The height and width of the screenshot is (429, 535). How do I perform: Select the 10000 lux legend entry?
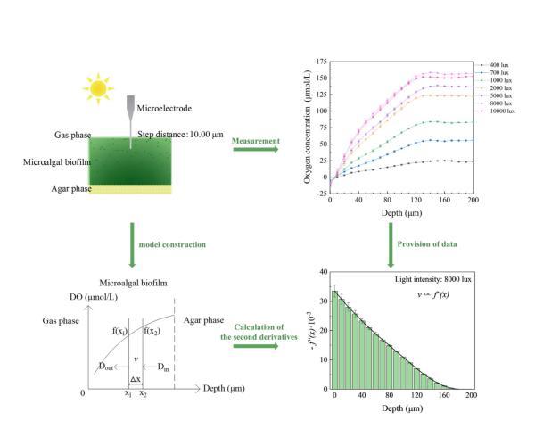(499, 112)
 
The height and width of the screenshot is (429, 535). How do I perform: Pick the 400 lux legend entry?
(498, 65)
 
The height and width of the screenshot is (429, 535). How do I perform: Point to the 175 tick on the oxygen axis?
(319, 62)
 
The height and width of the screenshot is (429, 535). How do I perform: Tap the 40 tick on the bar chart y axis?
(321, 273)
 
